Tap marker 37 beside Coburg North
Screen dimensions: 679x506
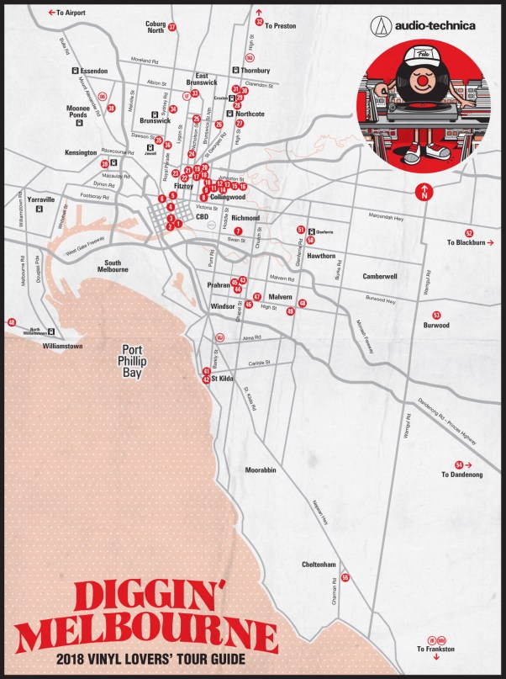[171, 27]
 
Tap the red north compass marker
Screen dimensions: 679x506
[425, 192]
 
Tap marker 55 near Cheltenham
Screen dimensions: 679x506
[345, 577]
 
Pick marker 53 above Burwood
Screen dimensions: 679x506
[436, 315]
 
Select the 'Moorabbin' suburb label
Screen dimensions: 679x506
[261, 469]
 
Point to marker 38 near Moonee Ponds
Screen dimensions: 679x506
[111, 109]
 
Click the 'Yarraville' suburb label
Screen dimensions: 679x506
[40, 200]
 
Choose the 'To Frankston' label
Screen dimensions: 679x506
[436, 650]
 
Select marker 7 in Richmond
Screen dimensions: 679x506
[238, 231]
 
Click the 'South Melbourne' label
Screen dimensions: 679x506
[112, 266]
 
